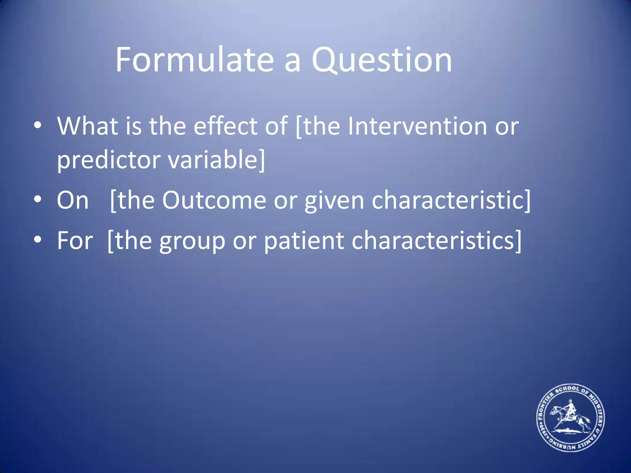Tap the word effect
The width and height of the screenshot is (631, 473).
click(x=225, y=126)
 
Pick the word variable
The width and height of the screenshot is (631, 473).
click(x=212, y=160)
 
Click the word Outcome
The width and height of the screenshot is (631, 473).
click(x=214, y=200)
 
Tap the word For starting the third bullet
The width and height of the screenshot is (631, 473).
click(x=75, y=241)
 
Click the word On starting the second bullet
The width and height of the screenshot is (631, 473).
click(x=73, y=200)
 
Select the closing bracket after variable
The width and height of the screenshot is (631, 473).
click(x=262, y=160)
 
